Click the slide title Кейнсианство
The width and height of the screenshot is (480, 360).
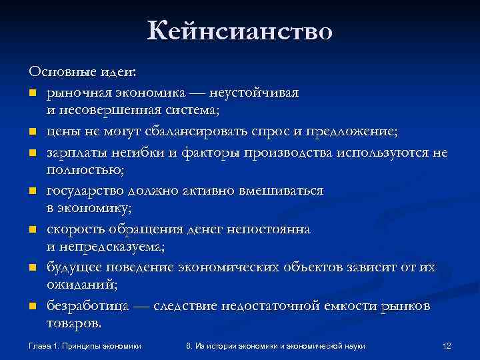click(240, 30)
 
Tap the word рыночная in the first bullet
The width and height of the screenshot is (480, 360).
click(74, 91)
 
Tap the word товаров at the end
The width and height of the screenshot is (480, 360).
click(75, 323)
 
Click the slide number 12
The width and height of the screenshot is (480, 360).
click(447, 345)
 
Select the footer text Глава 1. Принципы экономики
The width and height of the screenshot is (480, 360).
click(86, 345)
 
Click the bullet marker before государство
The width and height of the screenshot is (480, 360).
click(32, 191)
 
